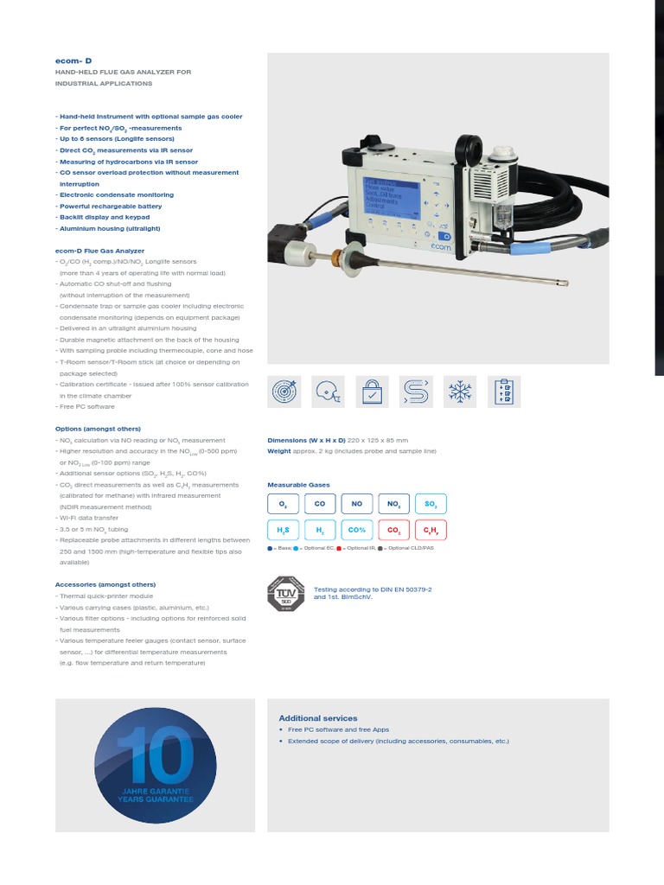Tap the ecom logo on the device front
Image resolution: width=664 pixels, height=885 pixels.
(x=440, y=245)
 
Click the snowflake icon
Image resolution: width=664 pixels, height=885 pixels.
(x=458, y=392)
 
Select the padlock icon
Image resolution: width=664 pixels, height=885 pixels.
(x=372, y=392)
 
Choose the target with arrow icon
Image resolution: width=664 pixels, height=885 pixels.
(x=284, y=392)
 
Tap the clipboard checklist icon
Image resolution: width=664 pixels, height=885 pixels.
(x=502, y=392)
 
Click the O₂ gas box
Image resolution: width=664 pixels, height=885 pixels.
(x=283, y=504)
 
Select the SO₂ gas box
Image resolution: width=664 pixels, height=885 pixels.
(x=431, y=504)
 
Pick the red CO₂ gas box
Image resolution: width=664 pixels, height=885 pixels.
(x=393, y=530)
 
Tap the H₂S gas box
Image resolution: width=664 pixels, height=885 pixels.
(x=283, y=530)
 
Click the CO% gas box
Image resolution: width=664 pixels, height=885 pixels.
(x=356, y=530)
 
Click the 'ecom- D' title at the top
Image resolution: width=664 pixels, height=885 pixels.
(x=73, y=61)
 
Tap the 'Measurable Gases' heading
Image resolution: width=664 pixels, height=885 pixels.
(x=298, y=485)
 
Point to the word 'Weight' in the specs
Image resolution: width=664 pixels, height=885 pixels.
(x=279, y=451)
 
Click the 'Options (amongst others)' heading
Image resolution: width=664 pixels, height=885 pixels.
(x=97, y=429)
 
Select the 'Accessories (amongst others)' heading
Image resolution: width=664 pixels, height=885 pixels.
(x=105, y=585)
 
